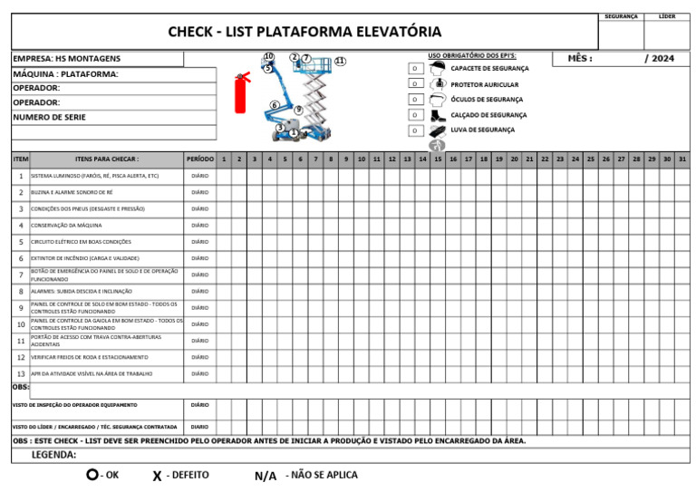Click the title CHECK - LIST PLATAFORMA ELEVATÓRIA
[x=304, y=33]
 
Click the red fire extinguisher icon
[x=242, y=91]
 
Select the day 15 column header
[x=438, y=159]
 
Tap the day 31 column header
[x=681, y=159]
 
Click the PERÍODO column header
[x=199, y=159]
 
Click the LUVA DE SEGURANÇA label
[x=482, y=130]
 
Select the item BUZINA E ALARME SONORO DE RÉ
[x=72, y=193]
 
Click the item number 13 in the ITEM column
[x=21, y=373]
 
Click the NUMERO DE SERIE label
[x=49, y=118]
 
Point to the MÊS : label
[x=580, y=59]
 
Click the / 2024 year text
[x=659, y=59]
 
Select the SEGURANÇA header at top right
[x=621, y=16]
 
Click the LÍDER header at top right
[x=667, y=16]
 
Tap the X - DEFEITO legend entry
[x=181, y=475]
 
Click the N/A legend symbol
[x=266, y=476]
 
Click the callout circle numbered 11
[x=339, y=61]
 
